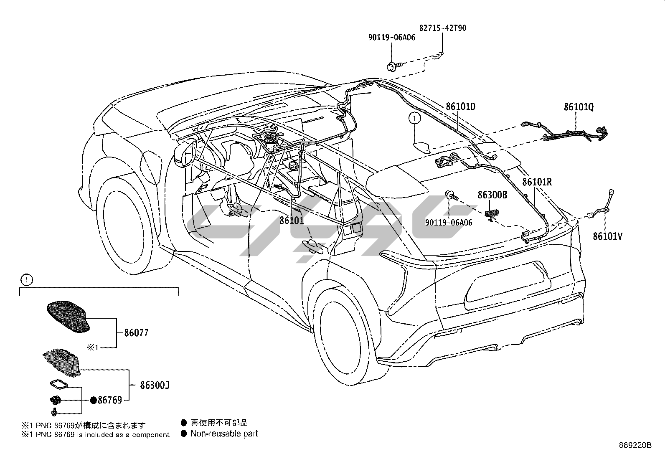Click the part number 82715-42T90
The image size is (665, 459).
pos(443,28)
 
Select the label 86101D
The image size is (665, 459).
pos(460,107)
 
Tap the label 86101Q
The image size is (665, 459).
pos(579,107)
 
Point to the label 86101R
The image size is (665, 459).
pos(537,182)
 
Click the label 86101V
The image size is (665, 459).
pos(608,237)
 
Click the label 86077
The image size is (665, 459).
pos(136,333)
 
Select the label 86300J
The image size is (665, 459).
pos(155,385)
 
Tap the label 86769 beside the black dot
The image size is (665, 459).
pos(109,400)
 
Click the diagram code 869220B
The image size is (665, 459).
pos(636,445)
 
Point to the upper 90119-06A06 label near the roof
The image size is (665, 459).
pos(391,38)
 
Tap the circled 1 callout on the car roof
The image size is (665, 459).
pos(414,119)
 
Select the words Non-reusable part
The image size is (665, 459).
pos(224,434)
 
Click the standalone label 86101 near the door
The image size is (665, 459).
pos(292,220)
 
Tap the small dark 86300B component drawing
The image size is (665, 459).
pos(492,213)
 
